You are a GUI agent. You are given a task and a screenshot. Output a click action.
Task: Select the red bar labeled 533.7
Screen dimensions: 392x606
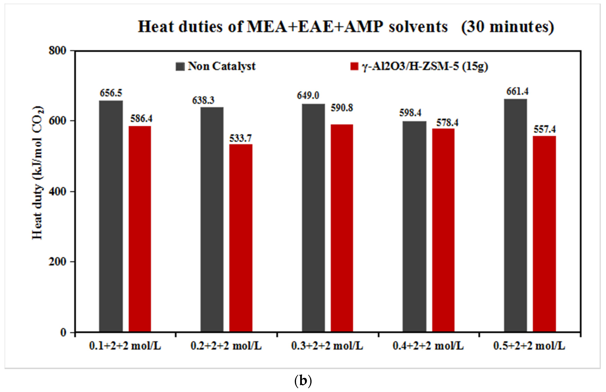241,238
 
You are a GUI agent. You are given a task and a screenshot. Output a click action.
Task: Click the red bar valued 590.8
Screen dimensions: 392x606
342,228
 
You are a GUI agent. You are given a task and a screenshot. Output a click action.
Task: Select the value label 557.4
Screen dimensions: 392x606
545,129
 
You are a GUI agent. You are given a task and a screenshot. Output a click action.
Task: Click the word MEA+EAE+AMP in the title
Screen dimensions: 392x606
315,27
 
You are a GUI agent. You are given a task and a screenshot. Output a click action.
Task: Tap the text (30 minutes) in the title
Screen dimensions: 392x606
508,27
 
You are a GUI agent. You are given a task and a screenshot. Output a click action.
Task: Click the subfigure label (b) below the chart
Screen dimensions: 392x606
303,381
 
